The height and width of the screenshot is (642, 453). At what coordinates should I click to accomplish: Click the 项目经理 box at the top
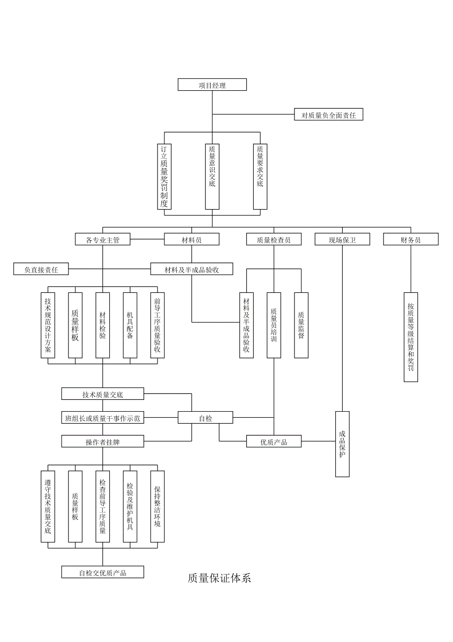click(x=212, y=85)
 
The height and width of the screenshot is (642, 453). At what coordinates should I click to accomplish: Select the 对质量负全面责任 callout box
click(x=328, y=115)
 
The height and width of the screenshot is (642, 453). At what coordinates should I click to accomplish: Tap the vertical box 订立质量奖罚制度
click(x=164, y=176)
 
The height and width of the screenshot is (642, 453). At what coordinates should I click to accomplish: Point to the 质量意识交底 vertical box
click(x=212, y=176)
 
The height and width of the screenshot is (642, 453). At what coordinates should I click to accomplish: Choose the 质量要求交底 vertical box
click(x=260, y=176)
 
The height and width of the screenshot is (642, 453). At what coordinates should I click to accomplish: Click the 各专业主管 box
click(x=102, y=240)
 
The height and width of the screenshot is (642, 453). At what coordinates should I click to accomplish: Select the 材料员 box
click(x=192, y=240)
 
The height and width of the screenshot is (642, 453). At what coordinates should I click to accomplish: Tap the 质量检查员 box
click(x=274, y=240)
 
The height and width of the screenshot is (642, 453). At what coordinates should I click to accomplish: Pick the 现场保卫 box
click(x=342, y=240)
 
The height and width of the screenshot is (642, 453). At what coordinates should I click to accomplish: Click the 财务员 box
click(x=411, y=240)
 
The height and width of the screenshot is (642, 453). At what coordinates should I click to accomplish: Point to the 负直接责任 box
click(x=41, y=270)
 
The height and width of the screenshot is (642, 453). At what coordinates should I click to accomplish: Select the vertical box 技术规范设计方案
click(x=48, y=325)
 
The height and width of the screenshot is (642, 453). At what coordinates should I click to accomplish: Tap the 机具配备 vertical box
click(x=130, y=325)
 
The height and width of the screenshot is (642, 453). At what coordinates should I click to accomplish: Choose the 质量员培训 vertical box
click(x=274, y=325)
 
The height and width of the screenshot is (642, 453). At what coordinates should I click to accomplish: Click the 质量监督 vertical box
click(x=301, y=325)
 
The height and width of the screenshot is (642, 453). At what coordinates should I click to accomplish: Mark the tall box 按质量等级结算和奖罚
click(x=411, y=337)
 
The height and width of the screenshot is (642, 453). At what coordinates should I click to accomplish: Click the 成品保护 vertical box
click(x=342, y=444)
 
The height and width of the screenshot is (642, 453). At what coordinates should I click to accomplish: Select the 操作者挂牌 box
click(x=102, y=442)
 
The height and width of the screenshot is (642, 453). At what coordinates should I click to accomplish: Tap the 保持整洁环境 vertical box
click(x=158, y=506)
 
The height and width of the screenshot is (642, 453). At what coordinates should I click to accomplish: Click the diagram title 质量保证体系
click(x=219, y=578)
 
